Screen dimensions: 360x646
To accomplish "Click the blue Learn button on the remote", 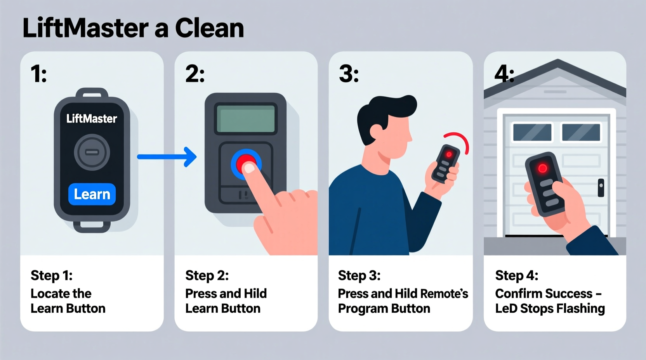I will click(92, 194).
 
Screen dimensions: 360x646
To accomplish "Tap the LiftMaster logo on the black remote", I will click(92, 119).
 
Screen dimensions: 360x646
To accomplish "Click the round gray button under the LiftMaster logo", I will click(92, 152).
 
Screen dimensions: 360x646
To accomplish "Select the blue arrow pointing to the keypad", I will click(167, 157).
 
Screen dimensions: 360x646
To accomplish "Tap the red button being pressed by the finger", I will click(245, 163).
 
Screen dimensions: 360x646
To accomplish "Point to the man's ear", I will click(376, 131).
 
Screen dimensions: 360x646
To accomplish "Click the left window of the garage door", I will click(532, 132).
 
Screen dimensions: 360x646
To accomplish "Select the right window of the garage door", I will click(581, 132).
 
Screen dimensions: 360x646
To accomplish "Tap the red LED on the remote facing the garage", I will click(542, 168).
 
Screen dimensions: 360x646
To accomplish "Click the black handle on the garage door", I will click(601, 187).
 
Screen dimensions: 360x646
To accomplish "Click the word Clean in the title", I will click(209, 28).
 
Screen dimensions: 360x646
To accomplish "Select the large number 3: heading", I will click(349, 74).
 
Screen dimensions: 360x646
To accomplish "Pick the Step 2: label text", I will click(207, 275).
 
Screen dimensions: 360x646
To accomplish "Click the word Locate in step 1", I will click(48, 294).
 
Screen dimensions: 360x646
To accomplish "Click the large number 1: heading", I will click(39, 74).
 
